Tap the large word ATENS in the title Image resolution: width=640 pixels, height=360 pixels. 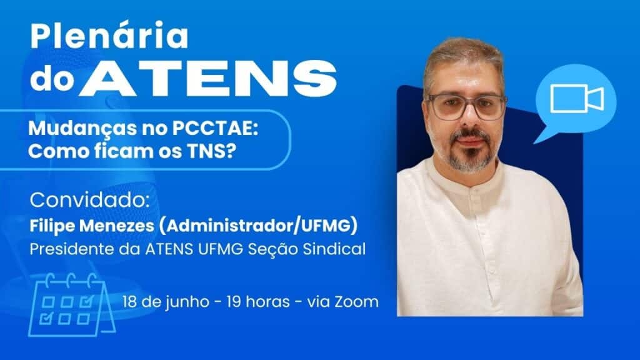pos(209,79)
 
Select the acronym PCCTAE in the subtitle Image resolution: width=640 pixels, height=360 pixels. pos(215,128)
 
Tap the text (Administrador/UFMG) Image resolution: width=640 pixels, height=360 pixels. pos(258,226)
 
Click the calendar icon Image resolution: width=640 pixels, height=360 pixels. pos(71,305)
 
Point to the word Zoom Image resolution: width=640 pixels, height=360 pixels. pos(356,302)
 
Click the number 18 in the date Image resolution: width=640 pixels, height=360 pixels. pos(129,302)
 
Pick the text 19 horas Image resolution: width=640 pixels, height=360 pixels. pos(258,302)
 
